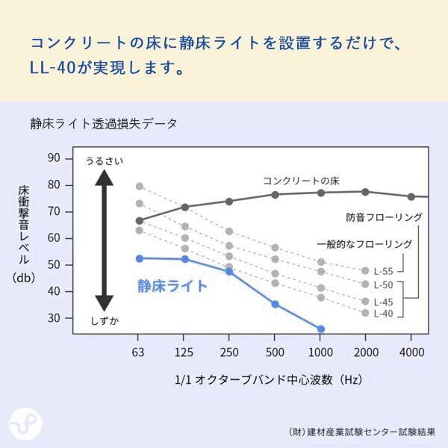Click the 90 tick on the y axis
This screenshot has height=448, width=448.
tap(54, 158)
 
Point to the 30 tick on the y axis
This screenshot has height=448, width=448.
tap(54, 318)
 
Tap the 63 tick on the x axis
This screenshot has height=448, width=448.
tap(138, 352)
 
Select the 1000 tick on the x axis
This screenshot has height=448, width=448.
tap(320, 352)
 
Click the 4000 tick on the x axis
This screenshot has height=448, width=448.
tap(411, 352)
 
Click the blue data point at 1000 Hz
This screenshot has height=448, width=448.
tap(321, 329)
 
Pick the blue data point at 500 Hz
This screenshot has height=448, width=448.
tap(275, 304)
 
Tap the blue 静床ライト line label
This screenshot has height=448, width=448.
tap(172, 285)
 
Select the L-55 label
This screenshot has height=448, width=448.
tap(383, 270)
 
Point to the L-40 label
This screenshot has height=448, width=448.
tap(383, 314)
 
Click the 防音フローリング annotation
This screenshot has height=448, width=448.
tap(384, 217)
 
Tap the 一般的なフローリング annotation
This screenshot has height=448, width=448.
tap(364, 243)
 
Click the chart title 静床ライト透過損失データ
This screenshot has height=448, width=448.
tap(104, 124)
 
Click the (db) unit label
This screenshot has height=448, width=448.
tap(24, 278)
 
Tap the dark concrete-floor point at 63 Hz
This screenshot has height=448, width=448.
tap(139, 220)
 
